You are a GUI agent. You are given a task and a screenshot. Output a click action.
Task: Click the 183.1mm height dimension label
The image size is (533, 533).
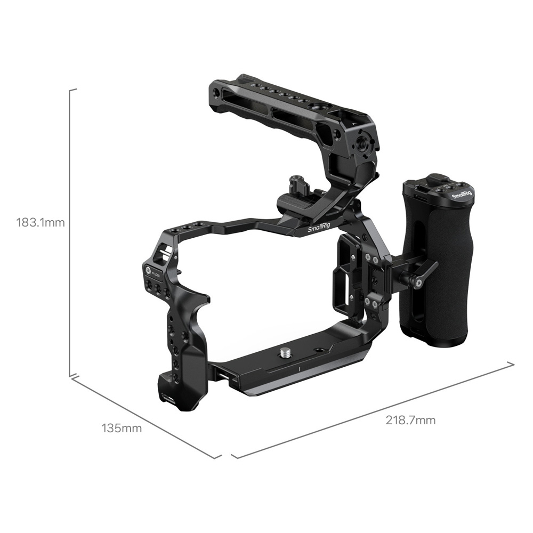[41, 222]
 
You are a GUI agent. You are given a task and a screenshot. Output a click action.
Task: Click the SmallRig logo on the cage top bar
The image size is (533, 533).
[319, 228]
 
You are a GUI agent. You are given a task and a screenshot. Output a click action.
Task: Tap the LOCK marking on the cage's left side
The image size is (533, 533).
[157, 275]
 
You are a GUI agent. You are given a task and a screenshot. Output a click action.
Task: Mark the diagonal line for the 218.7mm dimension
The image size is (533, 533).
[373, 410]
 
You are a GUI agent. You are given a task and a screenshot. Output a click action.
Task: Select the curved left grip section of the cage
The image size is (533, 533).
[181, 341]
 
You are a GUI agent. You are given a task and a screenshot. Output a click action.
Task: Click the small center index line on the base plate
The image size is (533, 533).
[300, 369]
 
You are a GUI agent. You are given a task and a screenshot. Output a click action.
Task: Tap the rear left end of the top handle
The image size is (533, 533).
[216, 93]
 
